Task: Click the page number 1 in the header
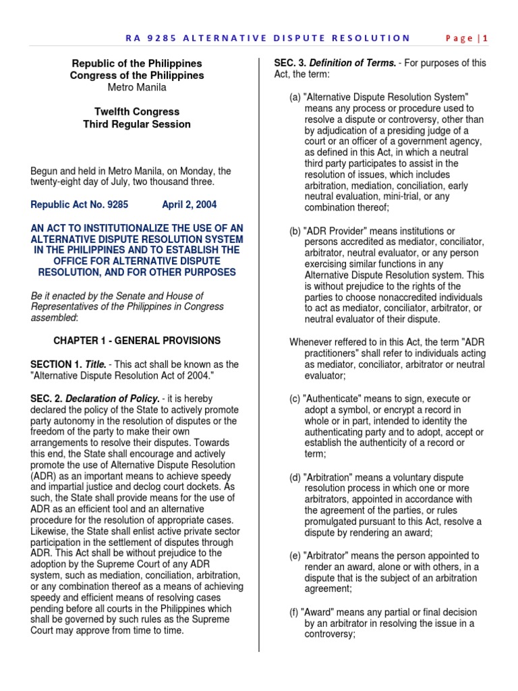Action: click(x=484, y=38)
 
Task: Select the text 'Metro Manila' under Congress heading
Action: click(x=137, y=88)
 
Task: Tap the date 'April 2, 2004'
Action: click(x=190, y=204)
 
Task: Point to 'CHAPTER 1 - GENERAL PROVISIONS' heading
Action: click(x=137, y=341)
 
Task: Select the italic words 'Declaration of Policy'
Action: click(x=111, y=399)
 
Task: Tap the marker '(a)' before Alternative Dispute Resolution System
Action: click(x=295, y=97)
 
